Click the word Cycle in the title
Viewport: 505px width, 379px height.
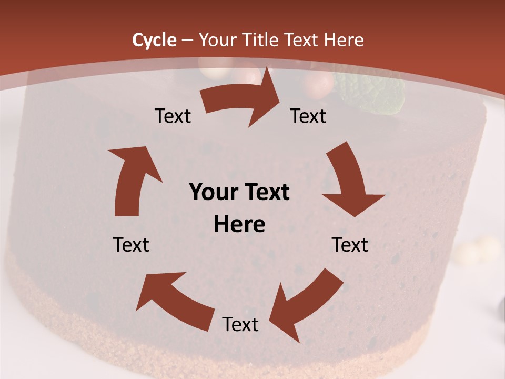tap(154, 40)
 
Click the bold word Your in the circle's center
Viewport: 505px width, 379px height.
tap(214, 193)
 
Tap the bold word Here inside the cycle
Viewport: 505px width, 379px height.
tap(239, 225)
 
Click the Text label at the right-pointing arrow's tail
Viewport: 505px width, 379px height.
tap(173, 116)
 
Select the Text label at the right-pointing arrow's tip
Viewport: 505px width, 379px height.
tap(308, 116)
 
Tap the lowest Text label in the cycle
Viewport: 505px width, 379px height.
tap(240, 325)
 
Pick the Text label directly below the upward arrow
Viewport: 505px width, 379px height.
tap(132, 245)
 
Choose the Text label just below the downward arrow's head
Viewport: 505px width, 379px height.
tap(350, 245)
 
